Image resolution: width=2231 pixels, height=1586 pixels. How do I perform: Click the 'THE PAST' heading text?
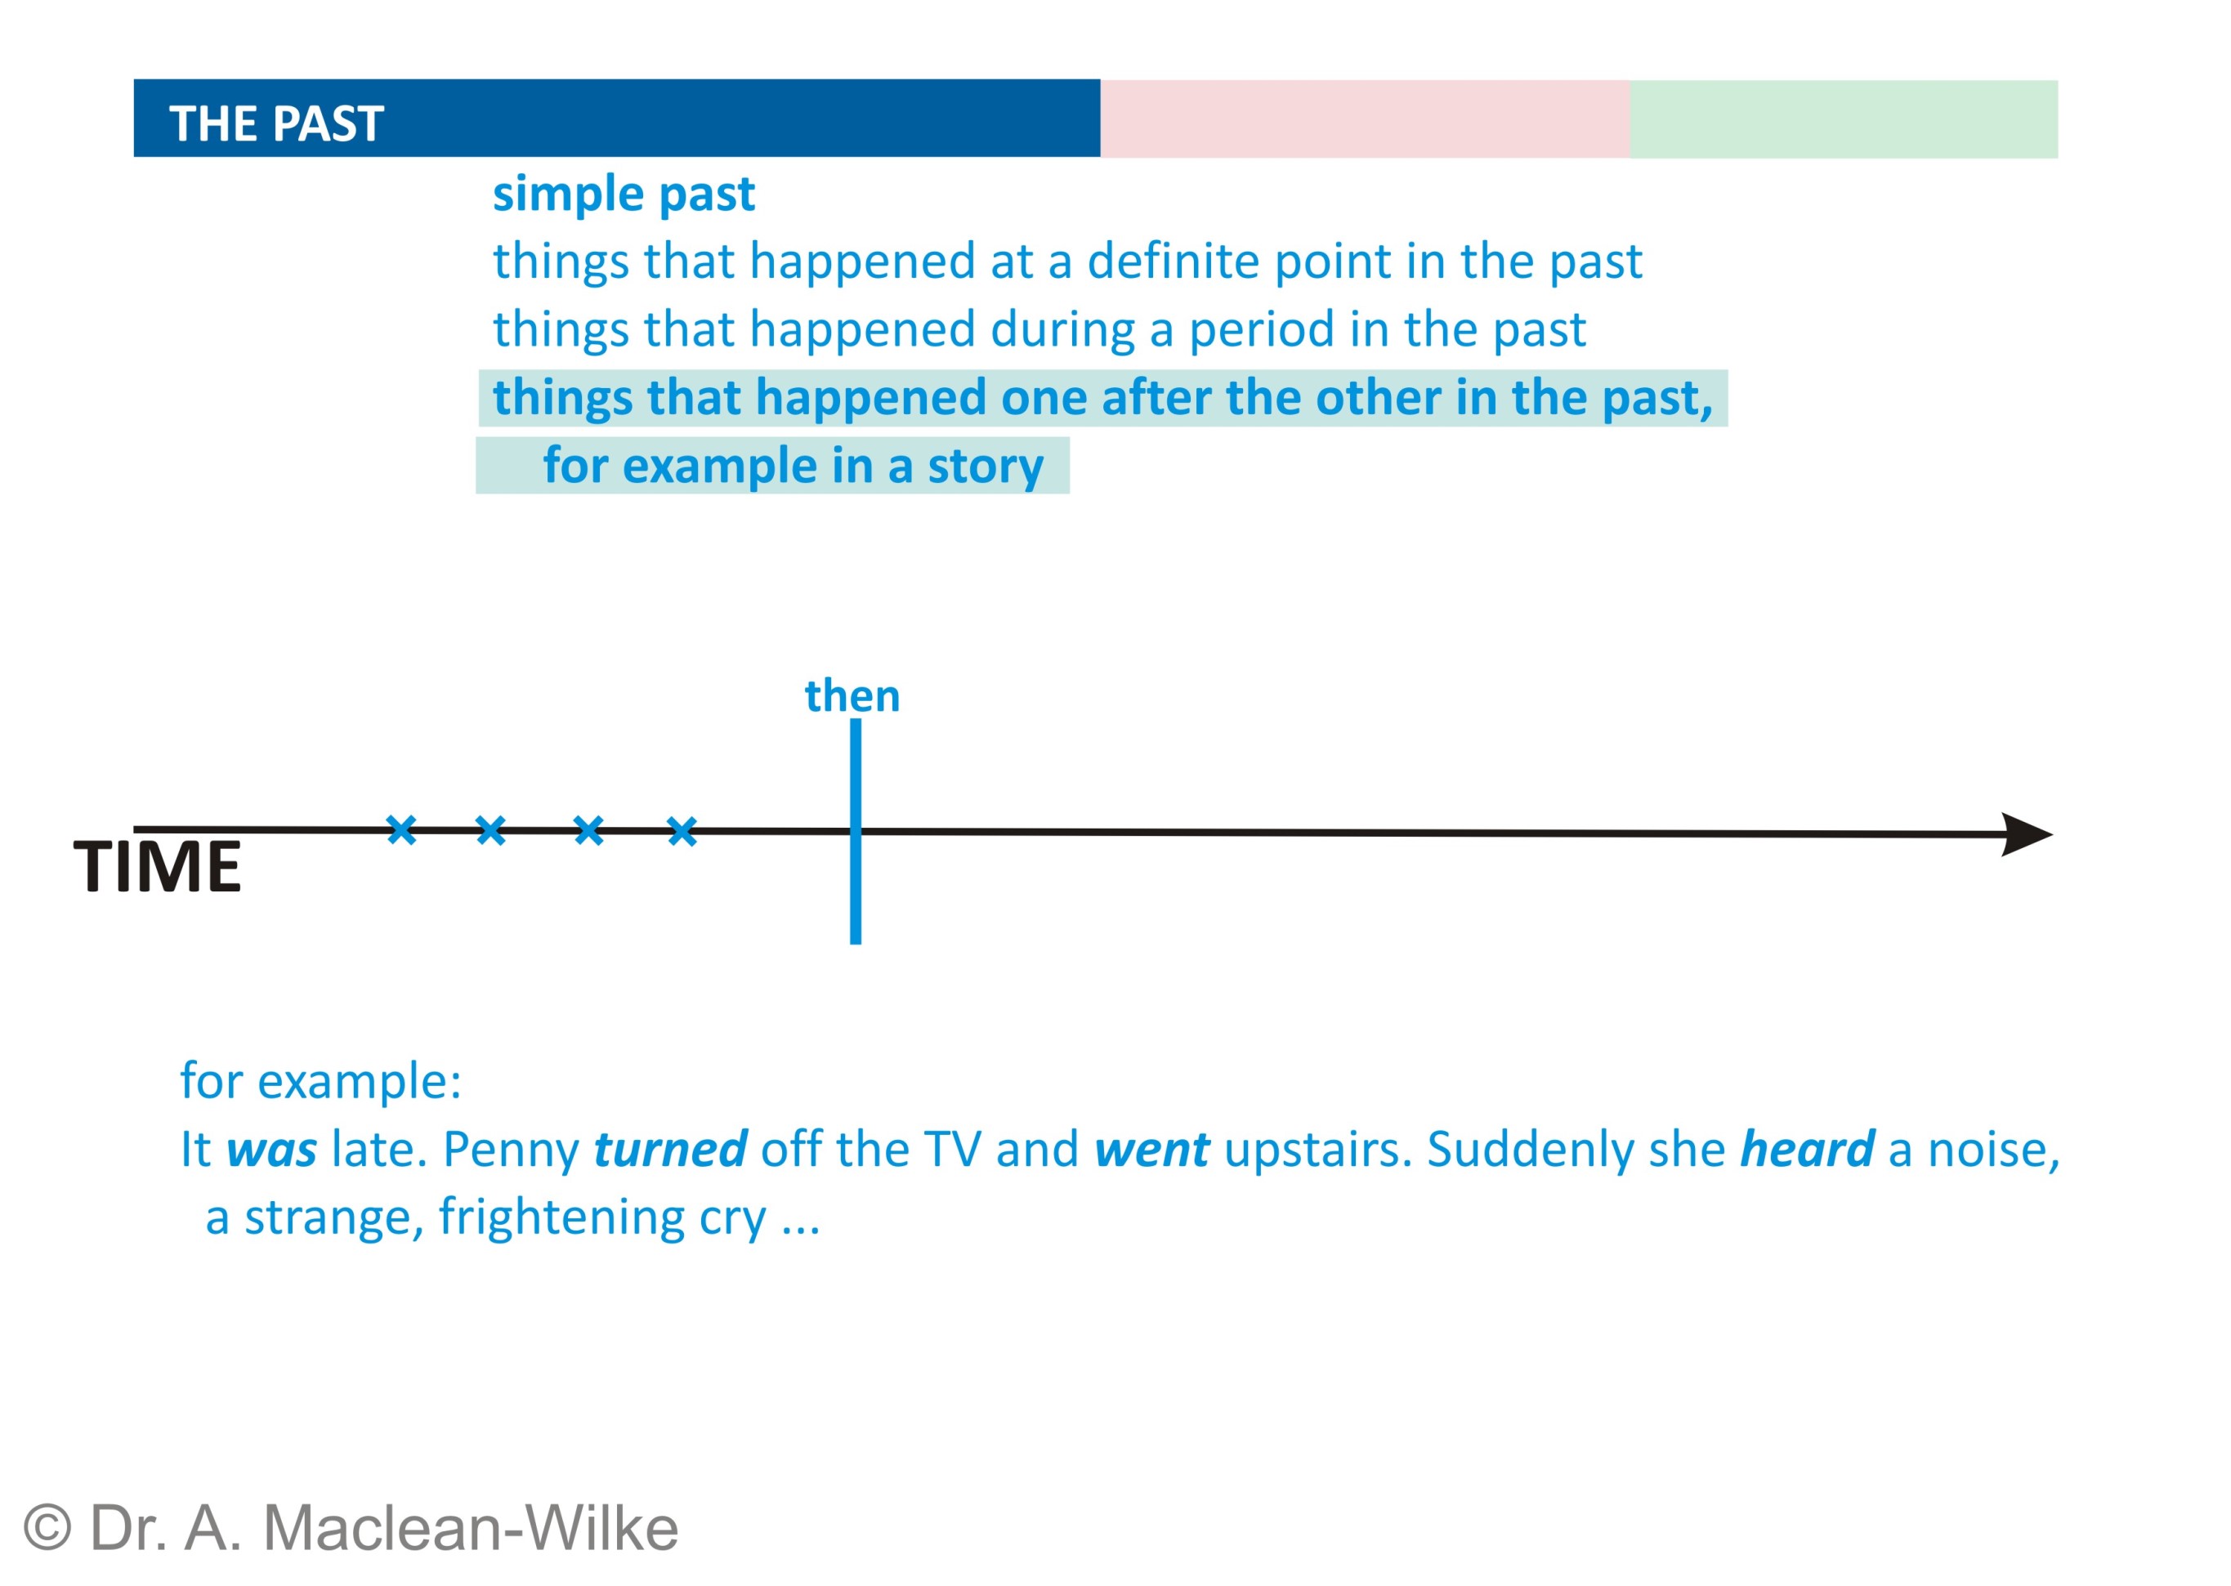276,124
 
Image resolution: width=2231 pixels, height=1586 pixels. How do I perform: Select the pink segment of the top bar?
1364,118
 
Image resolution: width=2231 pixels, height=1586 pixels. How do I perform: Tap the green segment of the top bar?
1843,119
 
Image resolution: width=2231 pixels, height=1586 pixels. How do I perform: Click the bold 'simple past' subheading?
624,194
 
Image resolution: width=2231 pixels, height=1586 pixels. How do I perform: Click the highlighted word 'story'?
985,466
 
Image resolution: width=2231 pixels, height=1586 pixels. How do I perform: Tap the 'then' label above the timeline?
852,695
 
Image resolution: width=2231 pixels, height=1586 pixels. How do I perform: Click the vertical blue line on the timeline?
855,831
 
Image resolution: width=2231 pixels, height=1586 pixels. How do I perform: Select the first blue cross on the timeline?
401,830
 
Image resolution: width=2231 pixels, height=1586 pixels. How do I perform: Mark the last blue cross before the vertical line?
682,832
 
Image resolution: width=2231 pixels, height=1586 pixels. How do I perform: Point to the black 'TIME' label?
157,866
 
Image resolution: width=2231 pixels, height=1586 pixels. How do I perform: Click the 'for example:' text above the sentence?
320,1081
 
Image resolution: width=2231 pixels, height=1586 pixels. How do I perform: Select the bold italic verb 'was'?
271,1150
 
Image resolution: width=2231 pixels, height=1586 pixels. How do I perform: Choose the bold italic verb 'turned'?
670,1149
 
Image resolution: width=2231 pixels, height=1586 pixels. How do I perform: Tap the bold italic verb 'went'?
1151,1150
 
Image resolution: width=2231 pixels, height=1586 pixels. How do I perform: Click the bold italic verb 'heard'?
1807,1149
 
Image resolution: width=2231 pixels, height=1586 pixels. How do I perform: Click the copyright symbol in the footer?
47,1527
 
